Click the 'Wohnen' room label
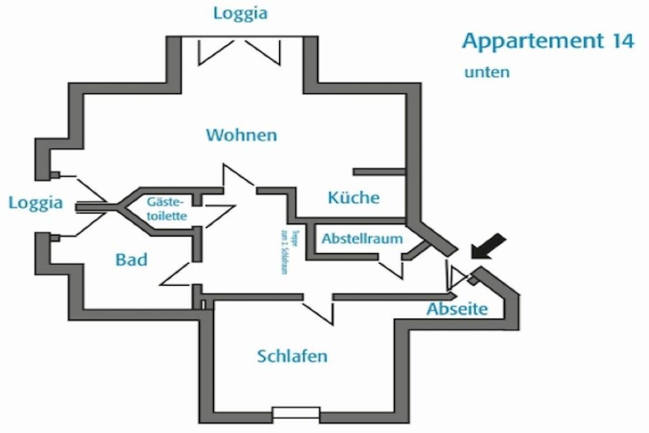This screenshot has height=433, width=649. click(241, 135)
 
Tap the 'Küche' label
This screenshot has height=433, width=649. click(353, 198)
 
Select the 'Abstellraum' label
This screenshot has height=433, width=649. click(362, 239)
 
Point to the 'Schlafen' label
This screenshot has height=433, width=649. click(292, 356)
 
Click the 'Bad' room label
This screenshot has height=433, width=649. click(131, 259)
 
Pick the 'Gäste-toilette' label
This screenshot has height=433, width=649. click(166, 209)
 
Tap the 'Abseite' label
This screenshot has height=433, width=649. click(457, 309)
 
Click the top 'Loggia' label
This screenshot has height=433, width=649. click(240, 13)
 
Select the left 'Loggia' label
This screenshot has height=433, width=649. click(35, 203)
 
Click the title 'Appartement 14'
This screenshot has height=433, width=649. click(548, 41)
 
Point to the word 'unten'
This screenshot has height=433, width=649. click(487, 72)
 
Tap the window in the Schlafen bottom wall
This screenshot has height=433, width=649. click(296, 413)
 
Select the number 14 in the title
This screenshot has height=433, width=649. click(622, 41)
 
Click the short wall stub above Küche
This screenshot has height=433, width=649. click(378, 172)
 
